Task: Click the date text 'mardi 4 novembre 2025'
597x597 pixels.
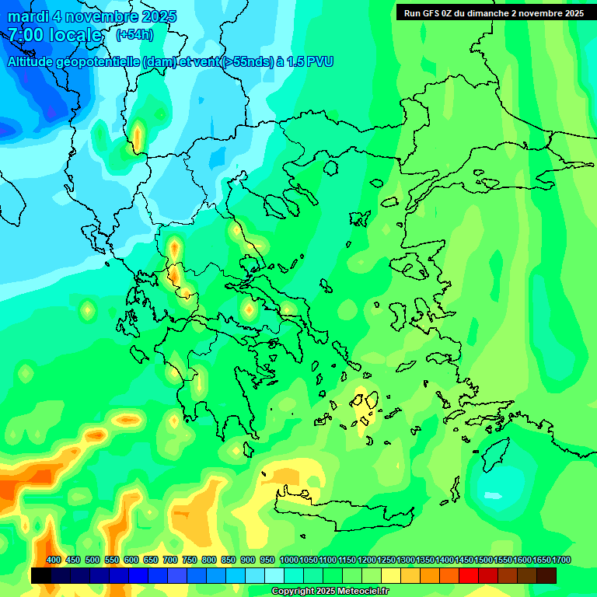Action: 92,16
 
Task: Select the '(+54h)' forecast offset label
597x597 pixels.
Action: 134,34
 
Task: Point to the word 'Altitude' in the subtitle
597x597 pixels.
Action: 37,61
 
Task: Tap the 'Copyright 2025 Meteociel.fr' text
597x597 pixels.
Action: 330,592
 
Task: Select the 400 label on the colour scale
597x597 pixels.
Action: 53,560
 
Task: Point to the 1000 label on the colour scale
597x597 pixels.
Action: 288,560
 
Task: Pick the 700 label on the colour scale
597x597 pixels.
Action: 170,560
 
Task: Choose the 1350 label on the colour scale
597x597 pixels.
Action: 425,560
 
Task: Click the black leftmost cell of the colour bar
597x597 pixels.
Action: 41,575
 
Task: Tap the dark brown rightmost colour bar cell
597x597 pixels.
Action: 546,575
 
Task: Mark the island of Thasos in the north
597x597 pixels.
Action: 330,168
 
